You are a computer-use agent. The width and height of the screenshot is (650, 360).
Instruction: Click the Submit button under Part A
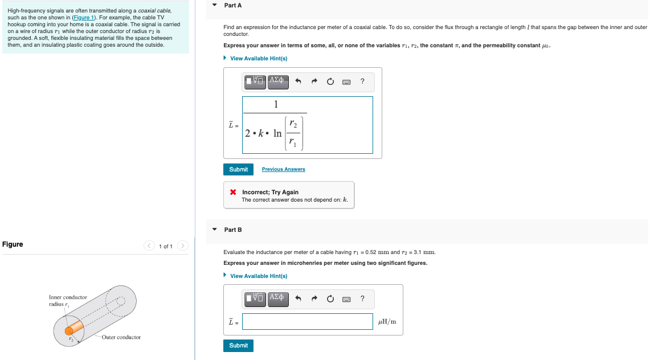coord(238,169)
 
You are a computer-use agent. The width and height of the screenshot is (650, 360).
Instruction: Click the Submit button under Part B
coord(238,345)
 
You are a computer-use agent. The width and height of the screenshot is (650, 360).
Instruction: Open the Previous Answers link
coord(283,169)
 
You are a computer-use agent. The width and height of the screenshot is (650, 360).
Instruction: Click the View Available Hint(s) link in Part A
coord(258,59)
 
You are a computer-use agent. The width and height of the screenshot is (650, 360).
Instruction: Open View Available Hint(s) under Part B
coord(258,276)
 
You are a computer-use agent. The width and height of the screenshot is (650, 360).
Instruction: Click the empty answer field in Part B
coord(307,322)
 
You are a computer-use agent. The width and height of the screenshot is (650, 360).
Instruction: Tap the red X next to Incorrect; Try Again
coord(233,192)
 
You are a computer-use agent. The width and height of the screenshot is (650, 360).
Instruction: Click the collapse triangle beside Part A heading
coord(214,5)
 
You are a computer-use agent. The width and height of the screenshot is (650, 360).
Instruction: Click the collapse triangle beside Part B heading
coord(214,230)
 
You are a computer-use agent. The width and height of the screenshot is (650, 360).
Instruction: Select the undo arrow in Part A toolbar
coord(297,81)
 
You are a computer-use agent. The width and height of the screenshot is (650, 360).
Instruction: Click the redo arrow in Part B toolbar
coord(314,298)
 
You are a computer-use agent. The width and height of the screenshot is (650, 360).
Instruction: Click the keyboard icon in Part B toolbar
coord(346,298)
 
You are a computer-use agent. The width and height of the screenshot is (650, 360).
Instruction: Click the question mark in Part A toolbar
coord(362,81)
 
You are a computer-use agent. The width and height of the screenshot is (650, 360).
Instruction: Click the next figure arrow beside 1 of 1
coord(182,246)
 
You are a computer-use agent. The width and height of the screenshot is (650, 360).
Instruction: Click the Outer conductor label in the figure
coord(121,337)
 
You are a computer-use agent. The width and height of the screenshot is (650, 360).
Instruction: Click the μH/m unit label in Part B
coord(387,322)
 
